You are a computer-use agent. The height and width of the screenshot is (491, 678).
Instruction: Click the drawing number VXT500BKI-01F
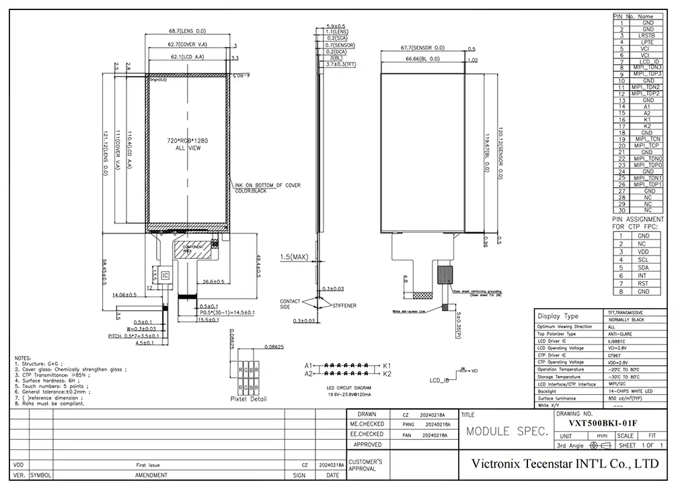click(602, 424)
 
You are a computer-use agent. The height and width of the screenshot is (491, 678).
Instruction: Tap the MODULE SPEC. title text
click(507, 431)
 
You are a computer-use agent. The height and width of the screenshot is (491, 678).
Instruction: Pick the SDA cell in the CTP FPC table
click(644, 267)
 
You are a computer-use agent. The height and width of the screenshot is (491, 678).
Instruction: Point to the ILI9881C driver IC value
click(616, 342)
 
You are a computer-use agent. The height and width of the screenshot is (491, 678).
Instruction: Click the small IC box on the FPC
click(165, 275)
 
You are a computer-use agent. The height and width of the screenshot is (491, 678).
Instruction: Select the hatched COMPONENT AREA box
click(194, 250)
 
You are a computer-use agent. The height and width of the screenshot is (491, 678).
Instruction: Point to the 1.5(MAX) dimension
click(293, 256)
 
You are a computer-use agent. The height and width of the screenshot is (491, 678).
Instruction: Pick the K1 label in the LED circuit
click(387, 365)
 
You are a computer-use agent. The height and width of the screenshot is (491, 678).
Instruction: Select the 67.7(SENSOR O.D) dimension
click(422, 48)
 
